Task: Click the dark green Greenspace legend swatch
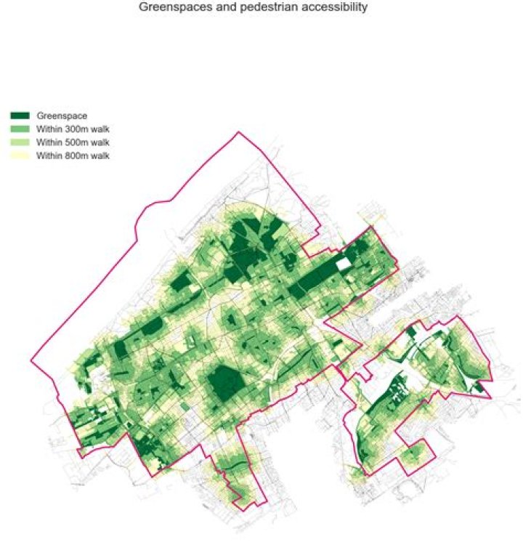tap(20, 116)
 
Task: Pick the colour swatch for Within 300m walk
tap(20, 129)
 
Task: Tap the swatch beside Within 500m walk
tap(20, 142)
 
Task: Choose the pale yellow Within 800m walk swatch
tap(20, 155)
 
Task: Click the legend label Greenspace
tap(62, 116)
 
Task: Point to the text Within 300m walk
tap(73, 129)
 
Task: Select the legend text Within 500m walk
tap(73, 142)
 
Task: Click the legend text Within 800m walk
tap(73, 155)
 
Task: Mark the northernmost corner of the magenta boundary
tap(238, 132)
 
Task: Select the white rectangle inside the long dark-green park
tap(344, 264)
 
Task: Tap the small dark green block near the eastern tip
tap(477, 387)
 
